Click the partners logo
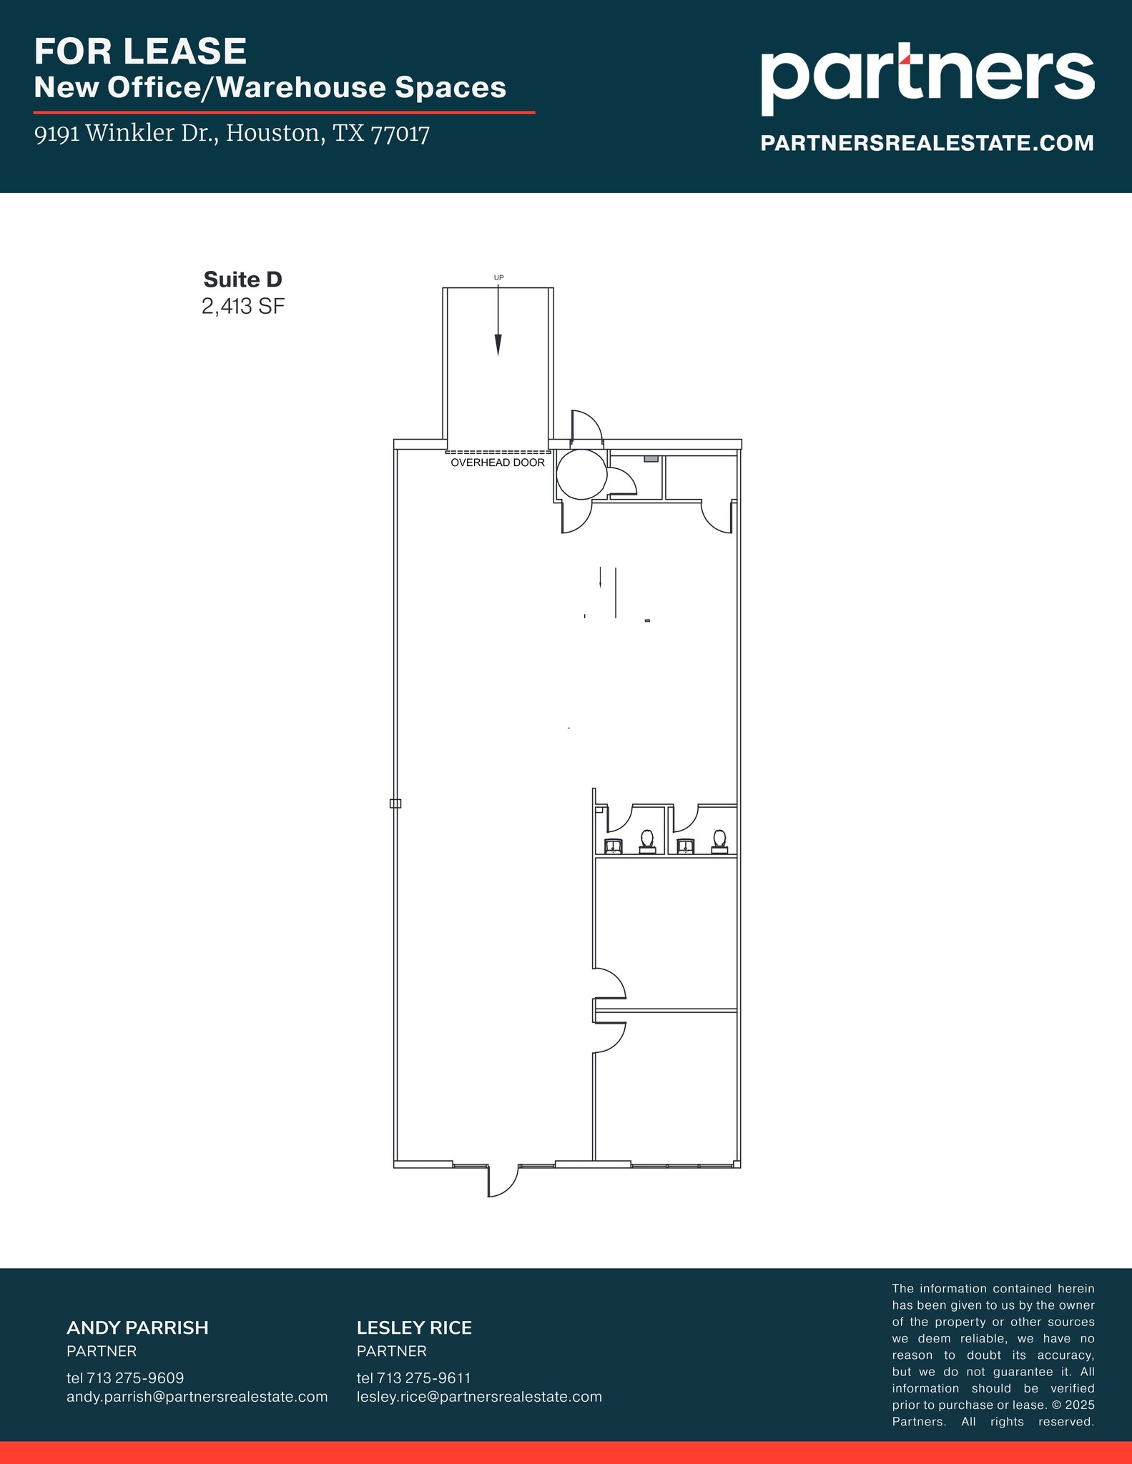pos(927,79)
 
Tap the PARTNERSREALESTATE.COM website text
pos(927,143)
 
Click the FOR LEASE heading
pos(140,51)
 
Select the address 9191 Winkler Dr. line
pos(232,134)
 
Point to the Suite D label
pos(242,279)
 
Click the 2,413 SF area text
pos(242,307)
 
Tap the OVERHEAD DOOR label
pos(497,463)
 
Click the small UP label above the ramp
pos(498,277)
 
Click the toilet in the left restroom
pos(647,841)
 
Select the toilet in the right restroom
pos(719,841)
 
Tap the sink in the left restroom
pos(614,847)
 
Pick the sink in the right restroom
pos(686,847)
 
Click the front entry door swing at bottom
pos(503,1180)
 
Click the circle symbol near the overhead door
pos(581,474)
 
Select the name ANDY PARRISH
pos(137,1327)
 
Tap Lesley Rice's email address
pos(479,1396)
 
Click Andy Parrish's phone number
pos(125,1378)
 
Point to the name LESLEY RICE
pos(414,1327)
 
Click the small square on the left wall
pos(395,803)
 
